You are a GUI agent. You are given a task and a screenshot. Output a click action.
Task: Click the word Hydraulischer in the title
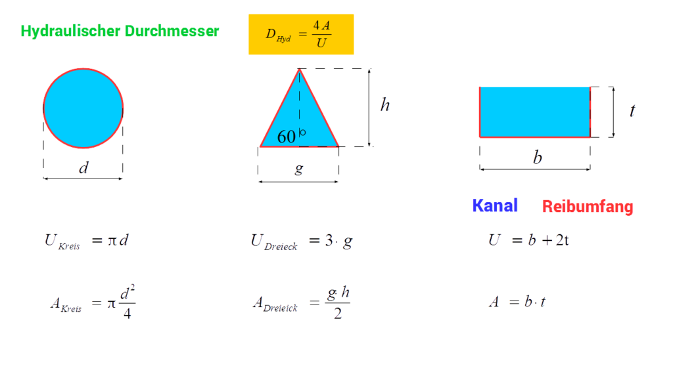[x=71, y=31]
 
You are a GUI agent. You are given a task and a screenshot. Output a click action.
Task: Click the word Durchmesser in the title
[x=172, y=31]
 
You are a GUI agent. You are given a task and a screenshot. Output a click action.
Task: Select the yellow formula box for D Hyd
[x=301, y=34]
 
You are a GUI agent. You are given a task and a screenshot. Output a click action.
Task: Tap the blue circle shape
[x=83, y=108]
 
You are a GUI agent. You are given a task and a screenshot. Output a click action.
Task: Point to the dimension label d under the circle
[x=83, y=167]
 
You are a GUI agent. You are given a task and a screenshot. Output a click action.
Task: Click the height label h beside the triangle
[x=385, y=104]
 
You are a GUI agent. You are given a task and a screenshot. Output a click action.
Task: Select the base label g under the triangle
[x=299, y=169]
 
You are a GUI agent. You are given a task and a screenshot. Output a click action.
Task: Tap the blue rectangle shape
[x=535, y=112]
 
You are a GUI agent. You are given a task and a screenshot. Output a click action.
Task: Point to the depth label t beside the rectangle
[x=632, y=110]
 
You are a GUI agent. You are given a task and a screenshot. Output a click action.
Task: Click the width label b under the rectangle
[x=538, y=157]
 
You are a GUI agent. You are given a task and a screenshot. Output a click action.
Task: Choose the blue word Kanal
[x=495, y=205]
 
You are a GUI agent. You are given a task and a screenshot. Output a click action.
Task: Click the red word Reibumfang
[x=588, y=206]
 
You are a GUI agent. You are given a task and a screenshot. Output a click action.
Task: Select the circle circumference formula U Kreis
[x=87, y=241]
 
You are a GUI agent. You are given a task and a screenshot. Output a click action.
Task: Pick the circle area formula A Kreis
[x=93, y=302]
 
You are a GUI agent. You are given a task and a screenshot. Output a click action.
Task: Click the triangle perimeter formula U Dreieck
[x=302, y=241]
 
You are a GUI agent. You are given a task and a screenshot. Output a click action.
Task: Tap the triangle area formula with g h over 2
[x=301, y=303]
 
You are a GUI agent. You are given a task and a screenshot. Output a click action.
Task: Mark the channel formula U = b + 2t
[x=529, y=240]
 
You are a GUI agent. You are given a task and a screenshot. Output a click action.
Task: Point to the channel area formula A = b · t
[x=517, y=302]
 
